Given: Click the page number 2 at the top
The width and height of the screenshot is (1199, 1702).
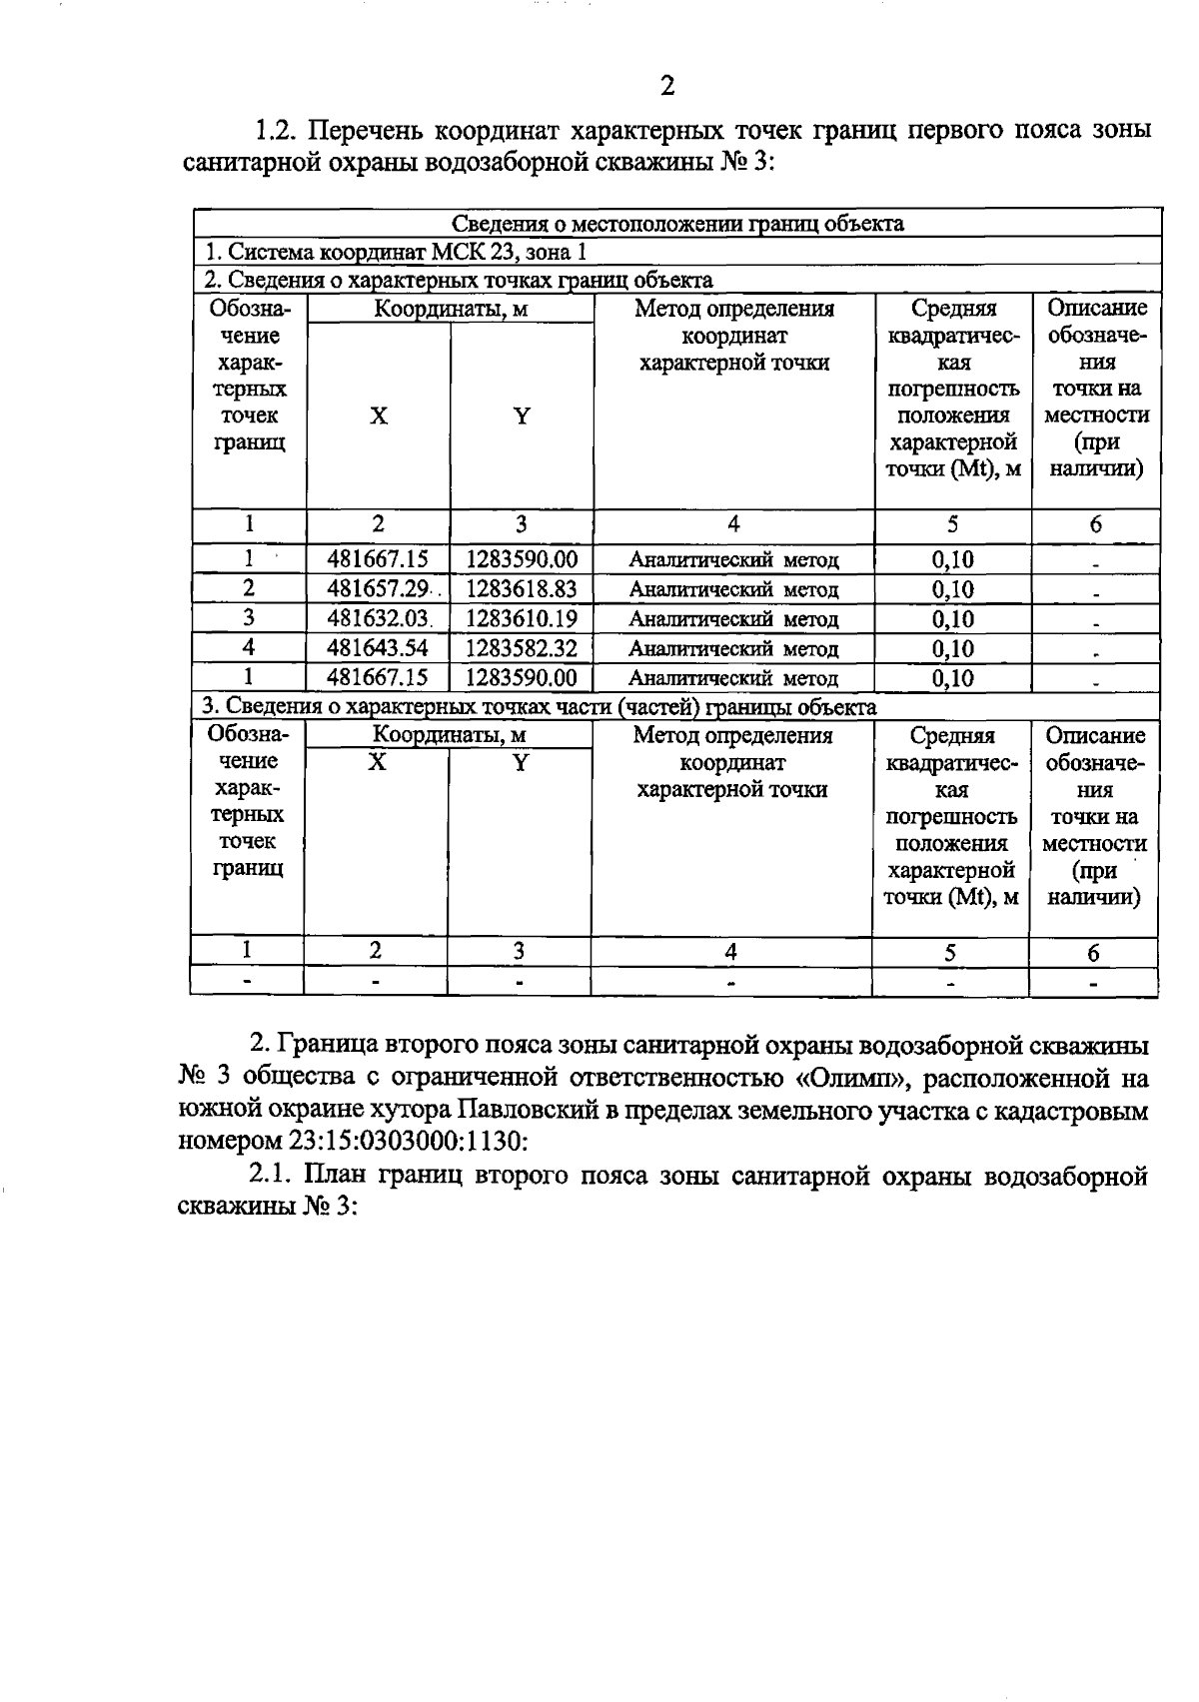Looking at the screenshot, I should pos(667,86).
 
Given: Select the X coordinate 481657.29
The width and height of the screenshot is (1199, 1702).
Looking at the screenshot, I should pos(378,589).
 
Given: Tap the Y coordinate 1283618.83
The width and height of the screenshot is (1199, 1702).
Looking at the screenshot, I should pos(522,589).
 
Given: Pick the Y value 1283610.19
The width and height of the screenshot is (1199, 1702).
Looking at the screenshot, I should pos(522,619).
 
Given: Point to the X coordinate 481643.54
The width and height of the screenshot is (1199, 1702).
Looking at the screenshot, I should pos(378,648).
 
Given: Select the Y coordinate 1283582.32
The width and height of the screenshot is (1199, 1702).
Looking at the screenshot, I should pos(522,648).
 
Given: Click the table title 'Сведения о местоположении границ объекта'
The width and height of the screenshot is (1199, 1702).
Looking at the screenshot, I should pos(677,224).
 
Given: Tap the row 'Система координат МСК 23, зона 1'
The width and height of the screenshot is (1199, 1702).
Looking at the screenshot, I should pos(396,252).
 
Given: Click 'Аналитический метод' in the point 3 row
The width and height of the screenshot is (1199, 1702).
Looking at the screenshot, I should pos(733,620).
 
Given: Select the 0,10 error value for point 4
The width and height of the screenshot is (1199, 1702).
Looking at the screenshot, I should pos(952,649).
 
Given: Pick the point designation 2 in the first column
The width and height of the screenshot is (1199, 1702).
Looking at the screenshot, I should pos(248,589).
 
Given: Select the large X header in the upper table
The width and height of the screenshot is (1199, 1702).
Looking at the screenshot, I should pos(378,417).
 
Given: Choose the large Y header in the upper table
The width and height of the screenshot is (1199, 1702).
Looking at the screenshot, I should pos(522,417).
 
